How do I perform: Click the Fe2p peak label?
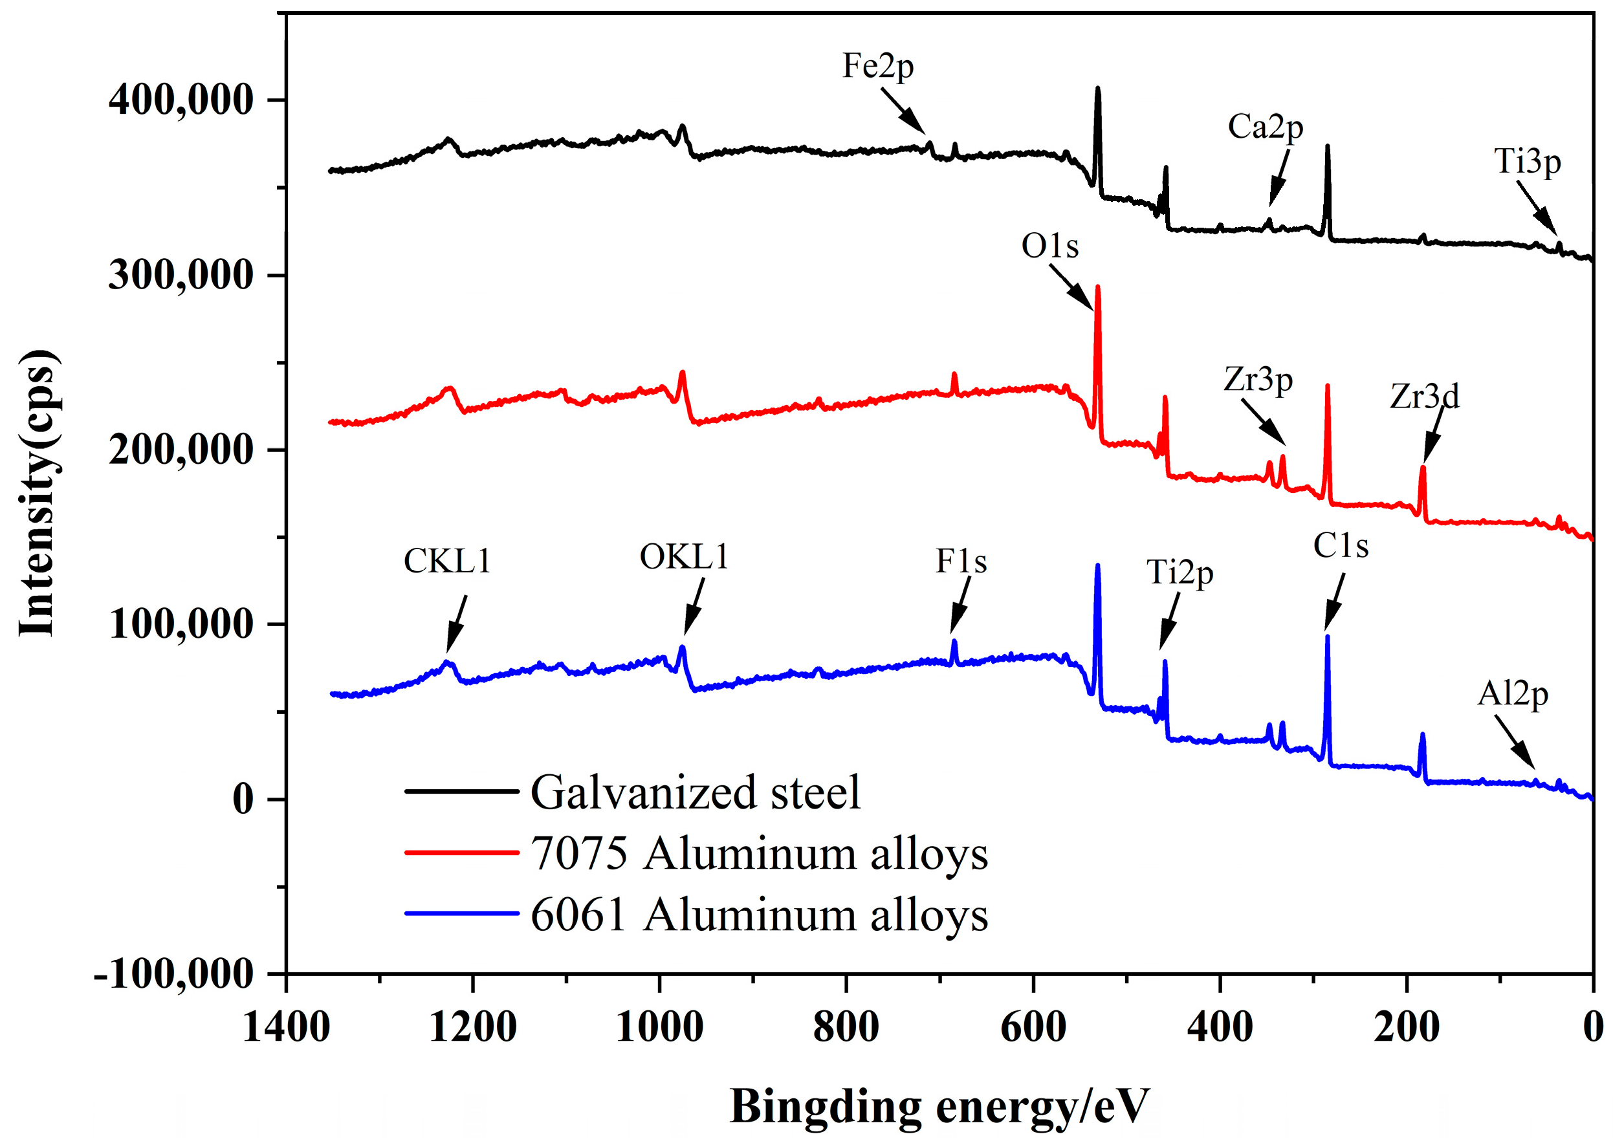877,67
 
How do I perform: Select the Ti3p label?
1527,162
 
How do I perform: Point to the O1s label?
1049,246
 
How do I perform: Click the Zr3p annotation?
1258,381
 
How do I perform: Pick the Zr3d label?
1423,397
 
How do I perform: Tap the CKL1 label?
446,561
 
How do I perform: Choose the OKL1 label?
684,558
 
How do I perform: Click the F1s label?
960,561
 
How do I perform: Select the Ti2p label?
1180,573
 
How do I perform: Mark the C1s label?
1341,546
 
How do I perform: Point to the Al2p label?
1512,695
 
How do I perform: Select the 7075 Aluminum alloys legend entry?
758,855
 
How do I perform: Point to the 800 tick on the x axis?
846,1029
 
